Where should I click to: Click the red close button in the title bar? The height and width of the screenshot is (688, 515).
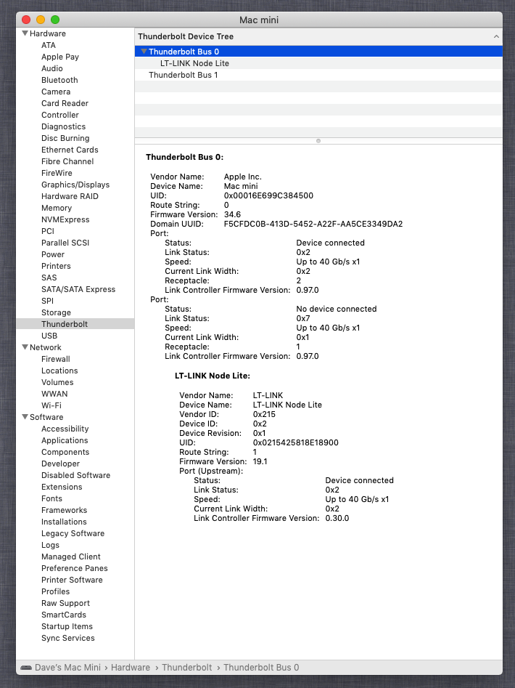(x=26, y=20)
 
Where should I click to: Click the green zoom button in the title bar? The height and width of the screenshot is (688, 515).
(x=55, y=20)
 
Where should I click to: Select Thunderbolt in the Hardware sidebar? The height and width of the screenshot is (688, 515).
(x=65, y=324)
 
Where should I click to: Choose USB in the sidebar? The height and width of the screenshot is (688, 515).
(x=49, y=336)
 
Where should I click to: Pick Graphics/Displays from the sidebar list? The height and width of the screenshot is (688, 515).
(x=75, y=185)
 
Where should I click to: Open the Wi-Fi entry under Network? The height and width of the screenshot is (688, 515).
(x=51, y=405)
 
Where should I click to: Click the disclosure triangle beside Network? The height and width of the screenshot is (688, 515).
(x=25, y=347)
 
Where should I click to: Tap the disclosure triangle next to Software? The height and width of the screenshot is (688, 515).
(x=25, y=417)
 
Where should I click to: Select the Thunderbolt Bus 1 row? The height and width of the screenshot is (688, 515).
(x=183, y=75)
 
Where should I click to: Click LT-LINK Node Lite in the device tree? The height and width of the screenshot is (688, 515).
(x=194, y=63)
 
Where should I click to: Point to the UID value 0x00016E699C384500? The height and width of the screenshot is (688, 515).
(x=268, y=195)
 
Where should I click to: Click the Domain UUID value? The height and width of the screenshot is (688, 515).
(x=313, y=224)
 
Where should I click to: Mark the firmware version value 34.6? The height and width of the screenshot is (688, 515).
(x=232, y=214)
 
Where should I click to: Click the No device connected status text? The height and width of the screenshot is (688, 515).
(x=336, y=309)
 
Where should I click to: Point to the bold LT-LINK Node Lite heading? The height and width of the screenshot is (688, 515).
(x=212, y=376)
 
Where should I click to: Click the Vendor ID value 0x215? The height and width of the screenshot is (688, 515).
(x=264, y=414)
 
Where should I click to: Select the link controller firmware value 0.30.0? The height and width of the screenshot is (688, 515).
(x=337, y=518)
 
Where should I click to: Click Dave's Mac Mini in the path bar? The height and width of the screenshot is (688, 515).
(x=68, y=667)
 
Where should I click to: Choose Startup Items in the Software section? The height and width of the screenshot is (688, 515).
(x=67, y=626)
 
